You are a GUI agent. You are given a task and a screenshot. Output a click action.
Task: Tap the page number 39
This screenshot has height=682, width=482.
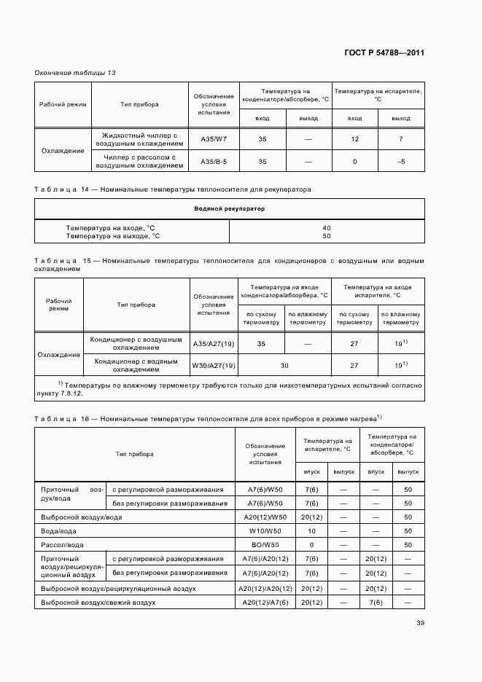pyautogui.click(x=420, y=622)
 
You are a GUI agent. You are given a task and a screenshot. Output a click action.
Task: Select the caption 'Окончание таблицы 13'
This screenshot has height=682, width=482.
pyautogui.click(x=75, y=73)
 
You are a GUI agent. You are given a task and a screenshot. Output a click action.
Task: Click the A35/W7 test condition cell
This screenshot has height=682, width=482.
pyautogui.click(x=214, y=139)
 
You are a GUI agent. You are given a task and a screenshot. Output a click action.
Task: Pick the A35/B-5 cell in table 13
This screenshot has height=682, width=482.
pyautogui.click(x=214, y=161)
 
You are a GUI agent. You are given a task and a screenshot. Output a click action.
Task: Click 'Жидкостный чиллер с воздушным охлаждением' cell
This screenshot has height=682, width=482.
pyautogui.click(x=139, y=139)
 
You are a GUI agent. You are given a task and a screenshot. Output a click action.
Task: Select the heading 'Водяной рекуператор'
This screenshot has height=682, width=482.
pyautogui.click(x=229, y=209)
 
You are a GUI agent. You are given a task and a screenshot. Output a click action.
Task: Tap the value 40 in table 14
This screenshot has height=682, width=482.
pyautogui.click(x=326, y=227)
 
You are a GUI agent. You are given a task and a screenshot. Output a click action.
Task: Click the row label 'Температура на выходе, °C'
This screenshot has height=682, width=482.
pyautogui.click(x=112, y=236)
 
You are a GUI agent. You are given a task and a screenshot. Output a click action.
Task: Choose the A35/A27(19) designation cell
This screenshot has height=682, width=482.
pyautogui.click(x=213, y=343)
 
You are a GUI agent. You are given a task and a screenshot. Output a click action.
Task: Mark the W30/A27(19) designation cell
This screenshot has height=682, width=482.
pyautogui.click(x=213, y=365)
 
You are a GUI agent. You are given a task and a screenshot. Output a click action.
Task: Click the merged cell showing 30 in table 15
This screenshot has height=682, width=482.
pyautogui.click(x=285, y=365)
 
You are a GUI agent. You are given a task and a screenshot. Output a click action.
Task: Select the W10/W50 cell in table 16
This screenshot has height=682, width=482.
pyautogui.click(x=265, y=530)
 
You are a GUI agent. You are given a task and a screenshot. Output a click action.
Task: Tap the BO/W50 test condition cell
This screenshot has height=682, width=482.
pyautogui.click(x=265, y=544)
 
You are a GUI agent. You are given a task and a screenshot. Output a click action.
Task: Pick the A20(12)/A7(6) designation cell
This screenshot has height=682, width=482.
pyautogui.click(x=265, y=603)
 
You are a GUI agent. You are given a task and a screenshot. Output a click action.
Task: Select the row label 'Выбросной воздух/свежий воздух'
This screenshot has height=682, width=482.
pyautogui.click(x=98, y=603)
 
